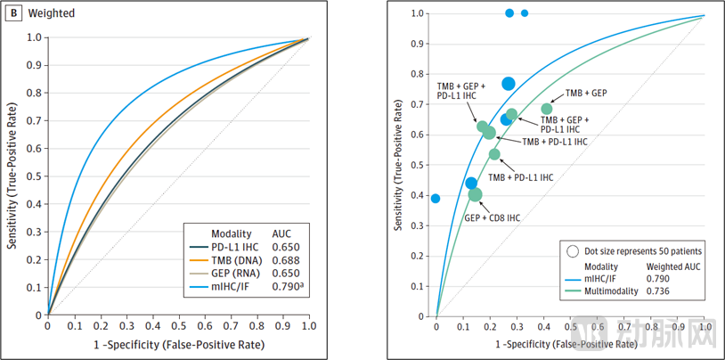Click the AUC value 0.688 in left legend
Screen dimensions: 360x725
coord(287,258)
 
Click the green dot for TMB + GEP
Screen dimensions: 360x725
coord(547,109)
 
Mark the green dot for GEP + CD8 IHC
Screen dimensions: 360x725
coord(475,194)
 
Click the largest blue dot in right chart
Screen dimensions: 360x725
coord(508,84)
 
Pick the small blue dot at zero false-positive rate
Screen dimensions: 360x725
coord(436,198)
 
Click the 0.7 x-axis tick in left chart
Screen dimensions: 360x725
coord(231,326)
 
